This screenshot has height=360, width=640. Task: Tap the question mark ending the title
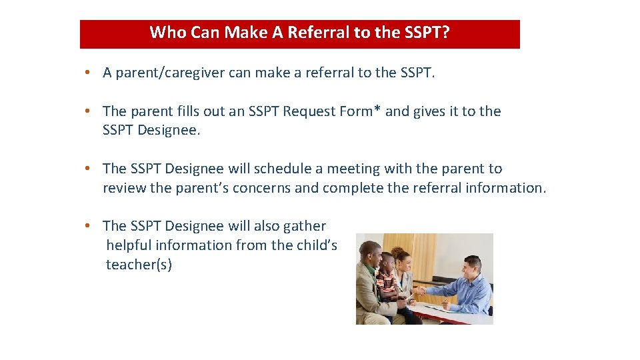coord(445,33)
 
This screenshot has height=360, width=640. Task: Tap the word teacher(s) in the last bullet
coord(139,265)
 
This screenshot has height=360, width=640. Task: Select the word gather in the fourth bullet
coord(304,226)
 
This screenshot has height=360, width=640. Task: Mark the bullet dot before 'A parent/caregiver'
coord(88,73)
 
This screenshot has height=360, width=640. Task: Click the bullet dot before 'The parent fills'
coord(88,111)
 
